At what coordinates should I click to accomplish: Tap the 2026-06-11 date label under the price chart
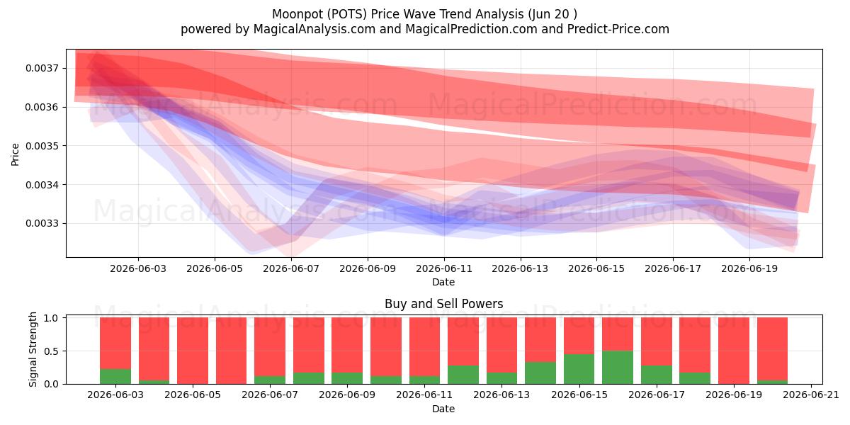[444, 269]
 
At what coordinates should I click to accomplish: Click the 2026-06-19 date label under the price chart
[749, 269]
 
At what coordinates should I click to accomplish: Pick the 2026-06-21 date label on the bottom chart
[811, 395]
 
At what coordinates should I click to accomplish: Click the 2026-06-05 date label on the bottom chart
[193, 395]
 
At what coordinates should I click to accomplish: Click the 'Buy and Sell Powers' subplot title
[444, 304]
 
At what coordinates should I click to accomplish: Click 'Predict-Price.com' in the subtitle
[618, 29]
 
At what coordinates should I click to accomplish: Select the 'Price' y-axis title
[15, 154]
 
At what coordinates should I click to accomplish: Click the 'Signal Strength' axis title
[33, 349]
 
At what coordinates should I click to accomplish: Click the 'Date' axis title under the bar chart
[443, 409]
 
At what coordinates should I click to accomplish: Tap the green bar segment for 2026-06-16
[618, 368]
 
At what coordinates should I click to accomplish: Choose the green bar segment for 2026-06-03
[115, 376]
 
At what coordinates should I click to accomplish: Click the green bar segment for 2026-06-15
[579, 369]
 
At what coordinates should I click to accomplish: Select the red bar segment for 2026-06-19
[734, 351]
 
